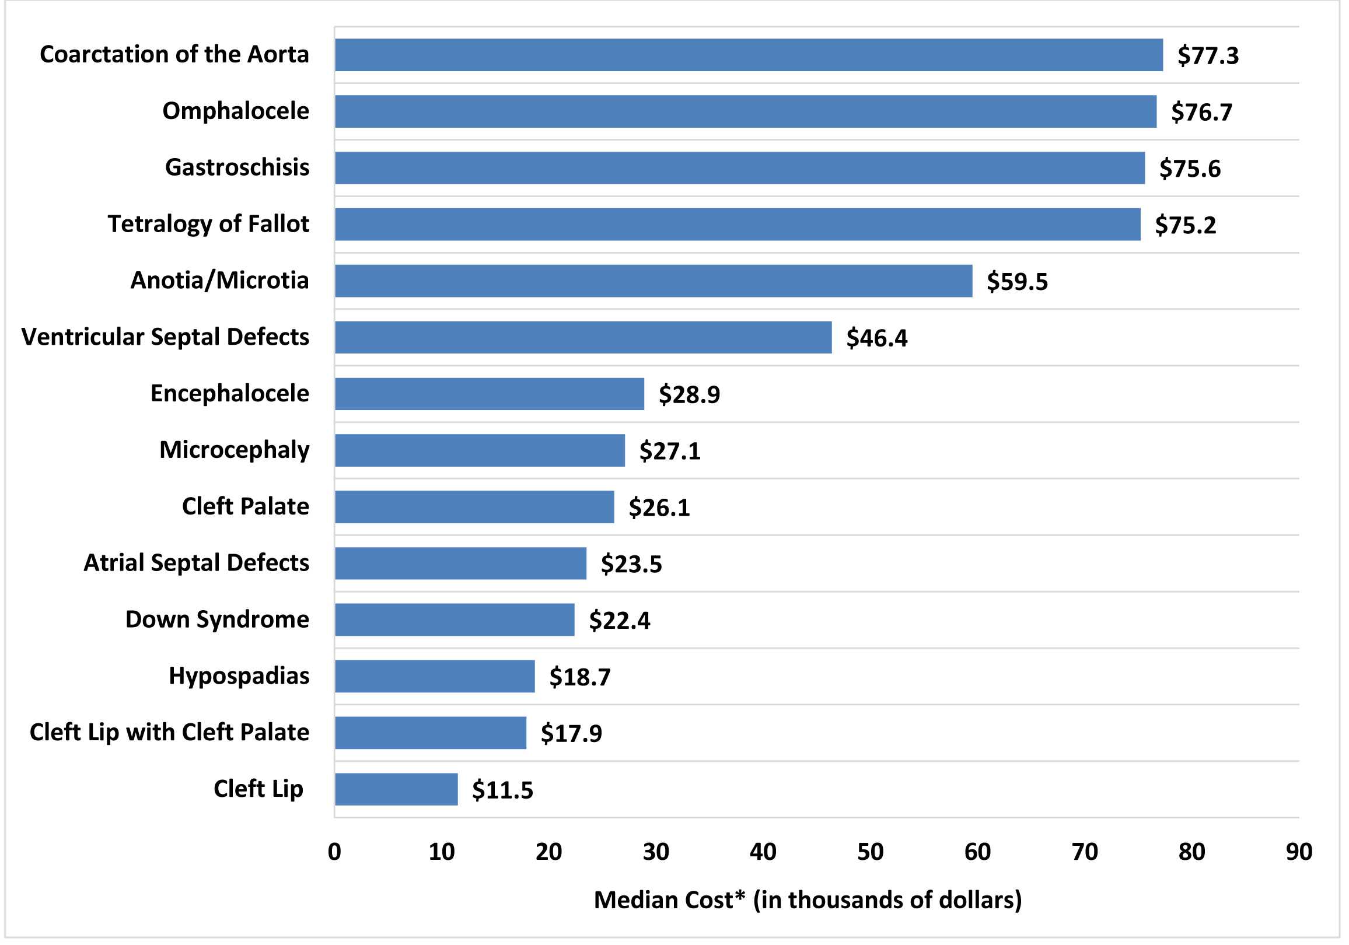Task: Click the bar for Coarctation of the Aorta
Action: point(749,55)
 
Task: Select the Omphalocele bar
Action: point(745,111)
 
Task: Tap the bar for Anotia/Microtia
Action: point(653,281)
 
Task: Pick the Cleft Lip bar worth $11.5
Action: point(396,789)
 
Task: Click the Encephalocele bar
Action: point(490,394)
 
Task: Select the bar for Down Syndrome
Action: point(454,619)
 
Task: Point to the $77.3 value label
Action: point(1208,56)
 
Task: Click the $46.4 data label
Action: point(876,338)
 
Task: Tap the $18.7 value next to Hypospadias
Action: point(580,677)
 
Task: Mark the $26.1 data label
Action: point(659,508)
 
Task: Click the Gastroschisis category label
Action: point(237,167)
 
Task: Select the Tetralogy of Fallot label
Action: point(208,224)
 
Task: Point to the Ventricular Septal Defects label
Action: point(165,337)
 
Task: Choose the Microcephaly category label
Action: point(234,450)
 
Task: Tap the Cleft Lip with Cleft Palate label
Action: point(169,733)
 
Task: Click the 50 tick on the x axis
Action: point(870,852)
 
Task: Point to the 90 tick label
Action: point(1298,852)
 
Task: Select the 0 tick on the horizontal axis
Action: point(334,852)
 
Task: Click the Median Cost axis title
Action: point(808,900)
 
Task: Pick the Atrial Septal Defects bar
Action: point(460,563)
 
